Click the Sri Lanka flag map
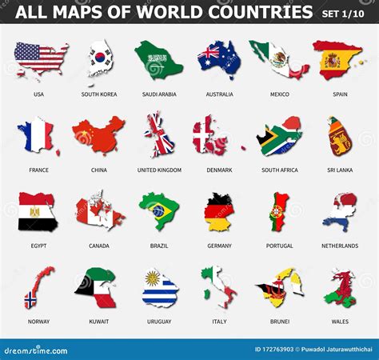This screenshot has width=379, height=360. pos(340,136)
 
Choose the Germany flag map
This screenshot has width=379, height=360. pos(218,211)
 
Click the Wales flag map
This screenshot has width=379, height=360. pos(340,288)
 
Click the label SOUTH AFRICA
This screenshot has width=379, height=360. pos(279,170)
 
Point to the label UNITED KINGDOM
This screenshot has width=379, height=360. pos(159,170)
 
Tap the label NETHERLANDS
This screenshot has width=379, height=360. pos(340,246)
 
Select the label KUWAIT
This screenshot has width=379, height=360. pos(99,322)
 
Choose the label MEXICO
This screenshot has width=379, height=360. pos(279,94)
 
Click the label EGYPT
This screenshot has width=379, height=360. pos(38,246)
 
